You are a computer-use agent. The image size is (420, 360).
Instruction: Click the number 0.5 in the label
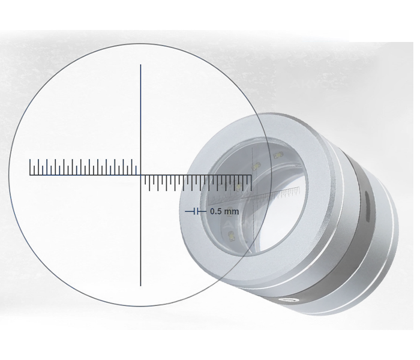pyautogui.click(x=216, y=211)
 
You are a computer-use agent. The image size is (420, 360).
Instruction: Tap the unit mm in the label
pyautogui.click(x=232, y=212)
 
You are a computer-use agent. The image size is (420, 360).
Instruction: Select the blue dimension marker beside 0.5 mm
pyautogui.click(x=196, y=211)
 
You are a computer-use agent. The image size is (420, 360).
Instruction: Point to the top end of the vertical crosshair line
pyautogui.click(x=140, y=65)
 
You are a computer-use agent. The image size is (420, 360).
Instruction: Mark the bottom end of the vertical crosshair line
pyautogui.click(x=140, y=286)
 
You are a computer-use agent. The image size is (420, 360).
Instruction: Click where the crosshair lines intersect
pyautogui.click(x=140, y=175)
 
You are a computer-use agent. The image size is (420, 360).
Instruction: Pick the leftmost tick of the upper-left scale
pyautogui.click(x=30, y=167)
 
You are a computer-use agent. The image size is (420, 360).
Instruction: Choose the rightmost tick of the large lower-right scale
pyautogui.click(x=251, y=183)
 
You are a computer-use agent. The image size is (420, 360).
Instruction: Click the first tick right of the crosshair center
pyautogui.click(x=145, y=180)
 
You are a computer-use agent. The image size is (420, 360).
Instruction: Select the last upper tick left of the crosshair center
pyautogui.click(x=136, y=170)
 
